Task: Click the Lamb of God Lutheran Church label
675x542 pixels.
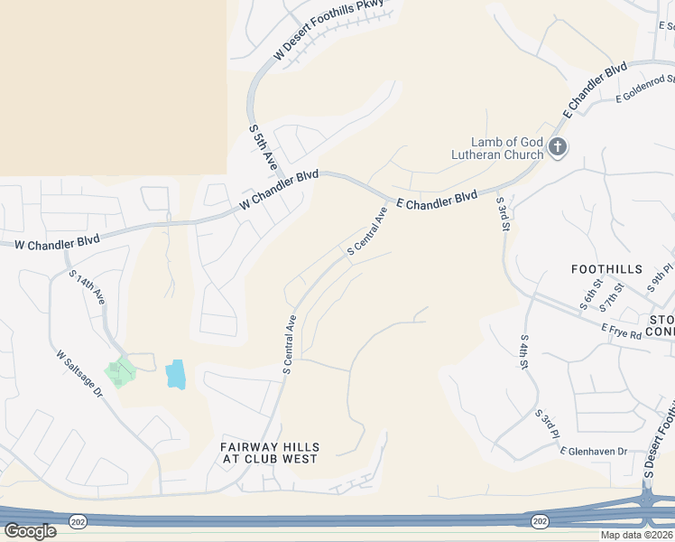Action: [x=498, y=148]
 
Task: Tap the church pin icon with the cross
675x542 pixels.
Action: [x=558, y=146]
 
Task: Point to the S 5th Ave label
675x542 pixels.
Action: [x=263, y=146]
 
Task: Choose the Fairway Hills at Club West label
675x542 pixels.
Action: [x=270, y=453]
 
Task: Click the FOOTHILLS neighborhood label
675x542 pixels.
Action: [x=606, y=269]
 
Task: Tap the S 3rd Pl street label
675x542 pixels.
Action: [x=547, y=425]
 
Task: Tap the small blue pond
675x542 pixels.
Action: [x=175, y=374]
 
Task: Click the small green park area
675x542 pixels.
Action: [x=119, y=371]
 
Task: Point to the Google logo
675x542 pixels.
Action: [x=30, y=531]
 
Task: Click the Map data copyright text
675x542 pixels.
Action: [x=637, y=535]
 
